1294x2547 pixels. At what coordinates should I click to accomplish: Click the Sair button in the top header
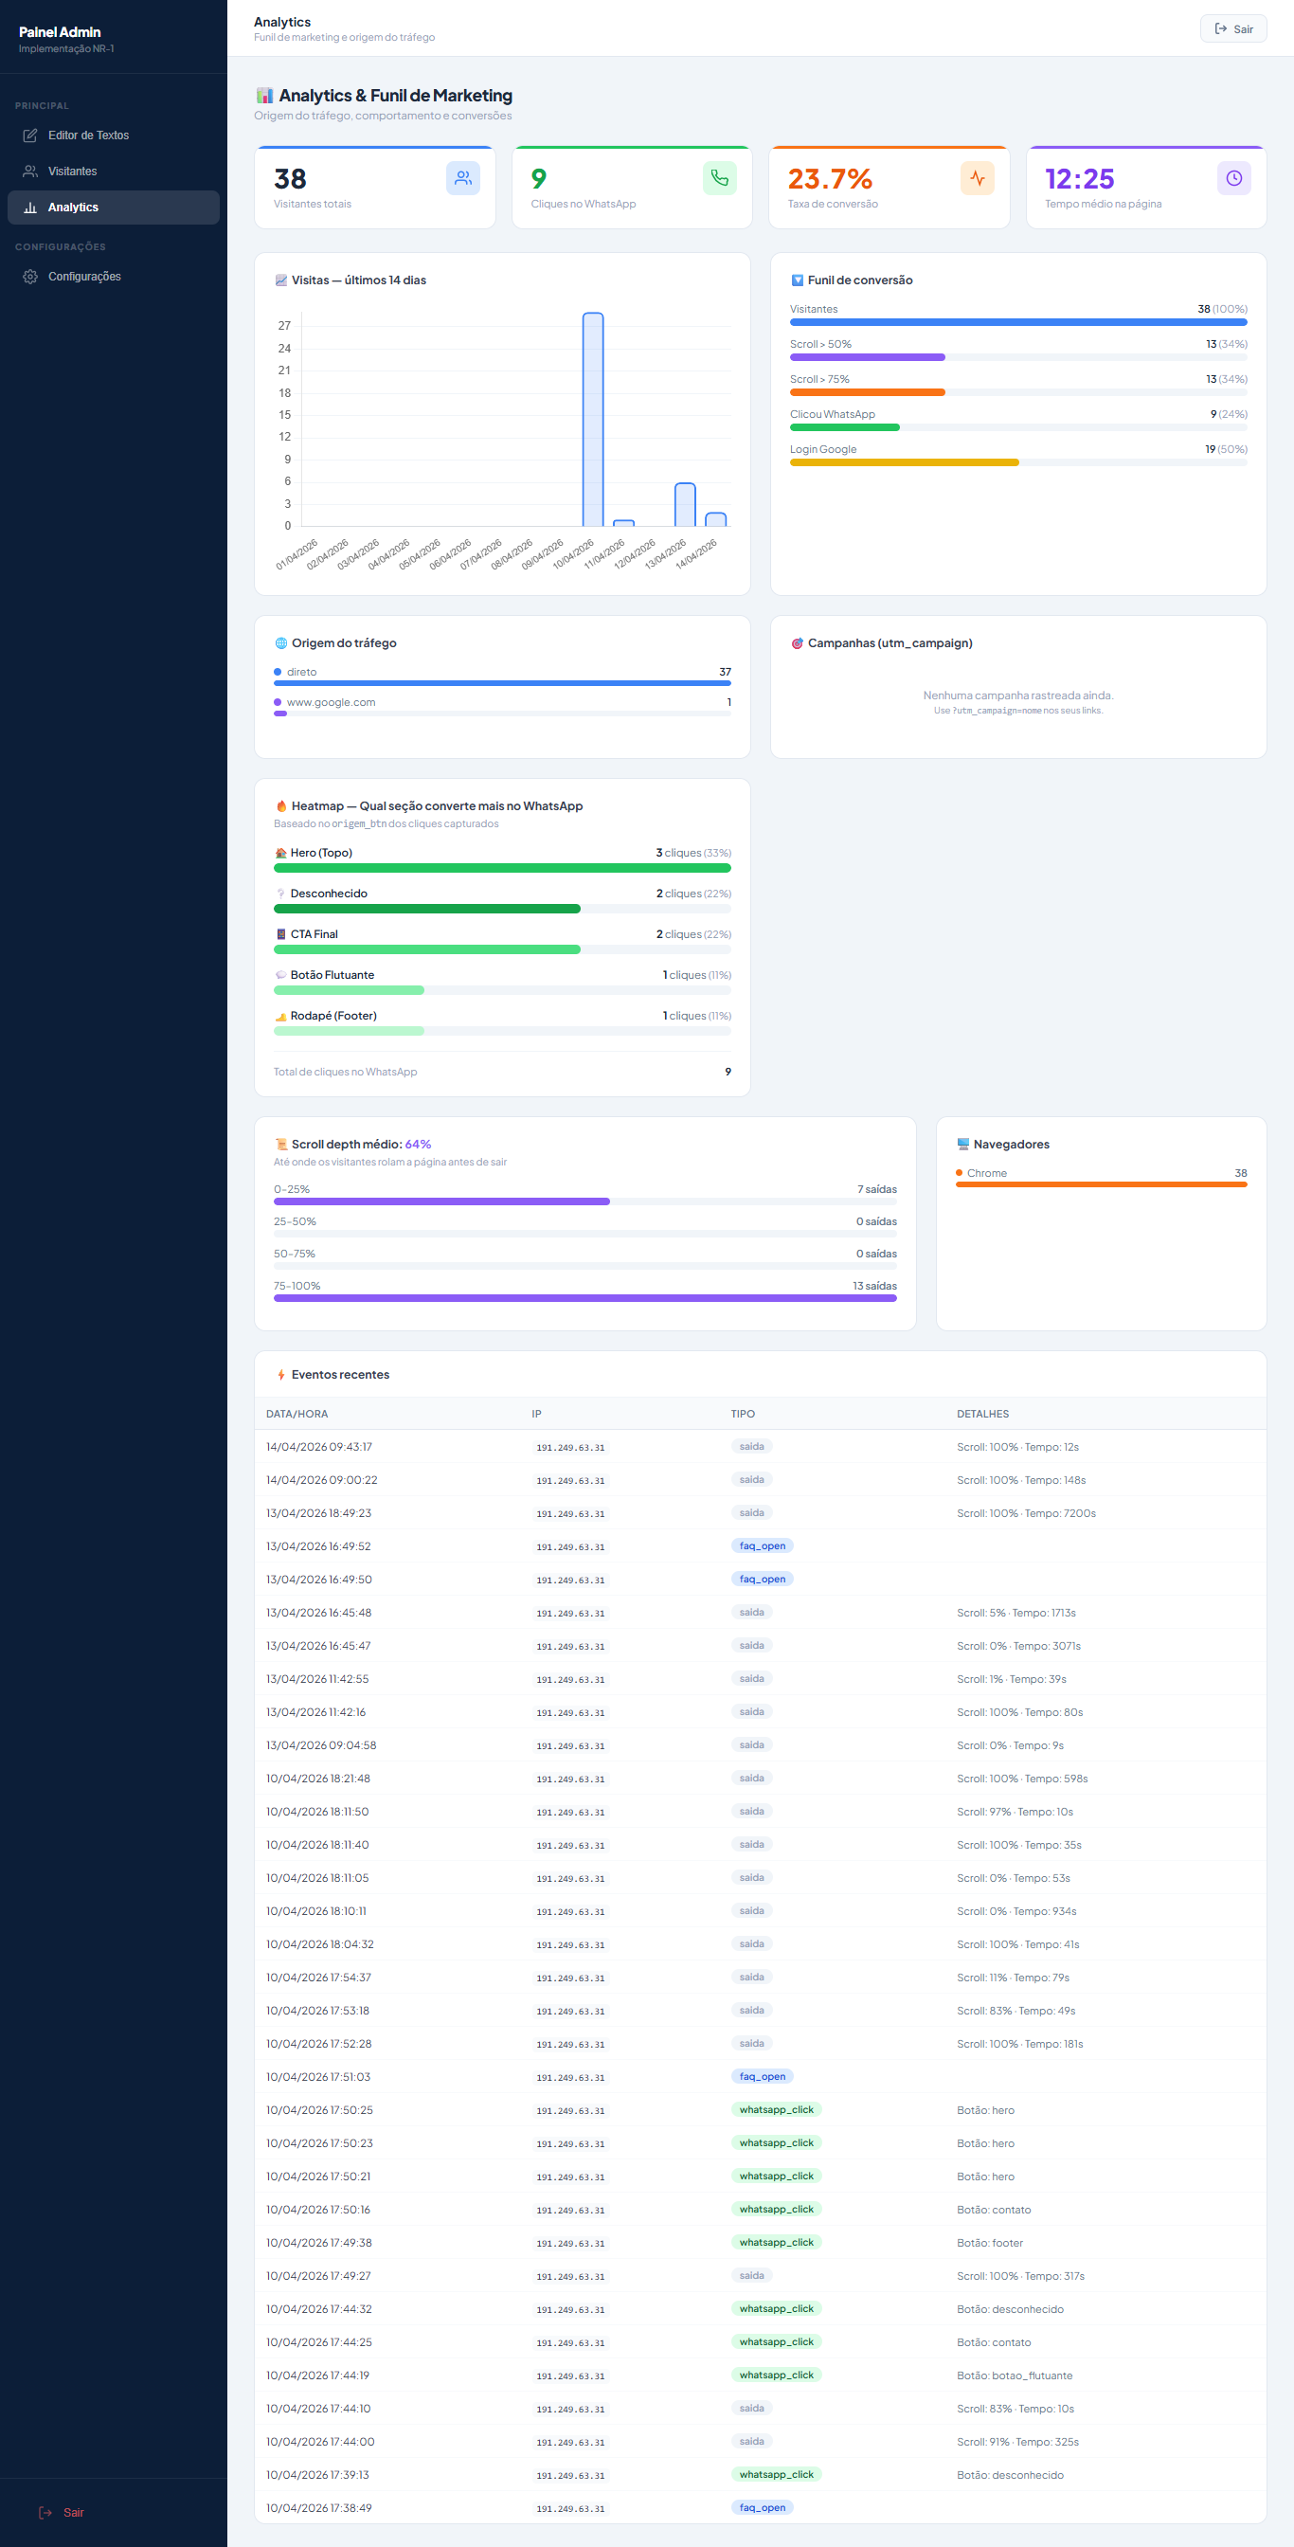tap(1232, 28)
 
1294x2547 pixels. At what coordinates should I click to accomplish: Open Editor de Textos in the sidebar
tap(88, 135)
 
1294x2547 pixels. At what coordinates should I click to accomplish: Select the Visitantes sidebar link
tap(72, 172)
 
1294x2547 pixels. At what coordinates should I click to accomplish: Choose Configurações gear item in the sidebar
tap(84, 277)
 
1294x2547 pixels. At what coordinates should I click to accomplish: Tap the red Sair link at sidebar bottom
tap(73, 2512)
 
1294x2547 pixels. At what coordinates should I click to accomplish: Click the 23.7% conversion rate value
tap(830, 179)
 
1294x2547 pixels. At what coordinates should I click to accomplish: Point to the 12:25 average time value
tap(1080, 179)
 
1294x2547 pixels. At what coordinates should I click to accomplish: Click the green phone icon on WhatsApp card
tap(720, 178)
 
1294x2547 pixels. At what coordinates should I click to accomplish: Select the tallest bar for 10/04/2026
tap(593, 419)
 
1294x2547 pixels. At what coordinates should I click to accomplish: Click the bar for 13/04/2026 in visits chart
tap(685, 504)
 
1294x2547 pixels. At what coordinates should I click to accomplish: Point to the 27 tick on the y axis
tap(285, 326)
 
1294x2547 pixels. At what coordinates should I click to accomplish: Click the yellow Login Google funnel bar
tap(904, 462)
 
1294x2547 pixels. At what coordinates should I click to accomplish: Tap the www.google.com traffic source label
tap(332, 702)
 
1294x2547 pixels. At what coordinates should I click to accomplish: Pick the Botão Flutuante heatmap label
tap(332, 975)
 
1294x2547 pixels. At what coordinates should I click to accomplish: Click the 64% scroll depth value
tap(418, 1144)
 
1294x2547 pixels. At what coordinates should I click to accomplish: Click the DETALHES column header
tap(982, 1414)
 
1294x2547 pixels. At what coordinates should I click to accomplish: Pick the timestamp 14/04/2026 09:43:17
tap(319, 1447)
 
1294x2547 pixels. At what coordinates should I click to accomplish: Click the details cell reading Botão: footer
tap(990, 2243)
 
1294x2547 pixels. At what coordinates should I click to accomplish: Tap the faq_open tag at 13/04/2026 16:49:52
tap(763, 1546)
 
